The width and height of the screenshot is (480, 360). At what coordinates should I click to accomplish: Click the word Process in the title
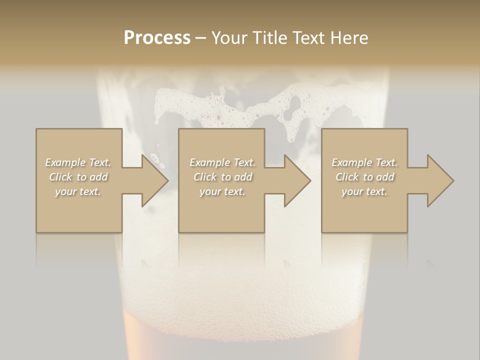pyautogui.click(x=157, y=38)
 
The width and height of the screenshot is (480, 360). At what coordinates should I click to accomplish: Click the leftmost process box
pyautogui.click(x=79, y=210)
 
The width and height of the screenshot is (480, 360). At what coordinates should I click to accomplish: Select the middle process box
pyautogui.click(x=221, y=210)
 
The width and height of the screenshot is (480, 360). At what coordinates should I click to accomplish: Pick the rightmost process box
pyautogui.click(x=364, y=210)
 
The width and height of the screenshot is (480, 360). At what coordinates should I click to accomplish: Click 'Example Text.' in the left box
pyautogui.click(x=78, y=162)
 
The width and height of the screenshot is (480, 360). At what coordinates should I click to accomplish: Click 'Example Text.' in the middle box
pyautogui.click(x=222, y=162)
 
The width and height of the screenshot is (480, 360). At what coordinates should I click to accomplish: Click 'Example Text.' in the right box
pyautogui.click(x=364, y=162)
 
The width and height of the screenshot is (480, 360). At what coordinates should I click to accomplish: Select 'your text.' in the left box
pyautogui.click(x=78, y=191)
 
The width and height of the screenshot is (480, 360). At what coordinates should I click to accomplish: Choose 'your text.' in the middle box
pyautogui.click(x=222, y=191)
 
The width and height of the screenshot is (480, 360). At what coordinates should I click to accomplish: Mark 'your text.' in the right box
pyautogui.click(x=364, y=191)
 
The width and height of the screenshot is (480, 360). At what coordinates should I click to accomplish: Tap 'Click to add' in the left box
pyautogui.click(x=78, y=177)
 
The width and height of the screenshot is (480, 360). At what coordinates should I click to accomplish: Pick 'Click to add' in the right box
pyautogui.click(x=364, y=177)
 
